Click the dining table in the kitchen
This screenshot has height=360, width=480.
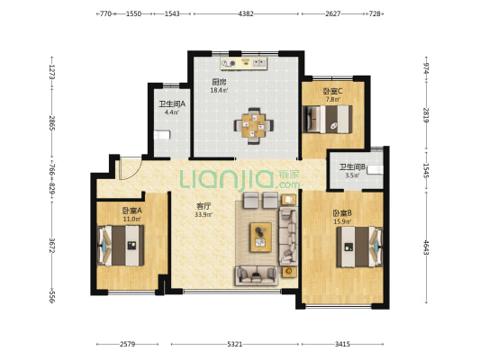point(254,125)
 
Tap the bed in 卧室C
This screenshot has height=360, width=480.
point(327,119)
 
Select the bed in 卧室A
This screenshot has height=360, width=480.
point(121,246)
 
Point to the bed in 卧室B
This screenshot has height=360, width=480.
point(360,247)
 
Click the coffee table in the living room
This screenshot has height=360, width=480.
point(261,238)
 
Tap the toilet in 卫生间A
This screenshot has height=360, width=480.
point(162,135)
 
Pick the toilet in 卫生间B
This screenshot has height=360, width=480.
point(376,169)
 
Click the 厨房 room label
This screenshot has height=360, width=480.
point(219,82)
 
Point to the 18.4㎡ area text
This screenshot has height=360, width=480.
point(219,90)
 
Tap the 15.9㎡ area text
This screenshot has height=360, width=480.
point(342,221)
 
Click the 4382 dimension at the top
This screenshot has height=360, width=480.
point(246,13)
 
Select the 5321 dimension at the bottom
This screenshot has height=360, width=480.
point(235,344)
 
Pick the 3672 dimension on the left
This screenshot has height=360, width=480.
point(51,246)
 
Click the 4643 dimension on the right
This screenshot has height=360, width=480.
point(426,247)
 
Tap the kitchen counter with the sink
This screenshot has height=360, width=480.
point(244,63)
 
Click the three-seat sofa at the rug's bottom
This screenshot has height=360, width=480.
point(257,275)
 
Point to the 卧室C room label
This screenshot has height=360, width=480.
point(332,91)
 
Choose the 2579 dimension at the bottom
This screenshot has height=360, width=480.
point(127,344)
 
